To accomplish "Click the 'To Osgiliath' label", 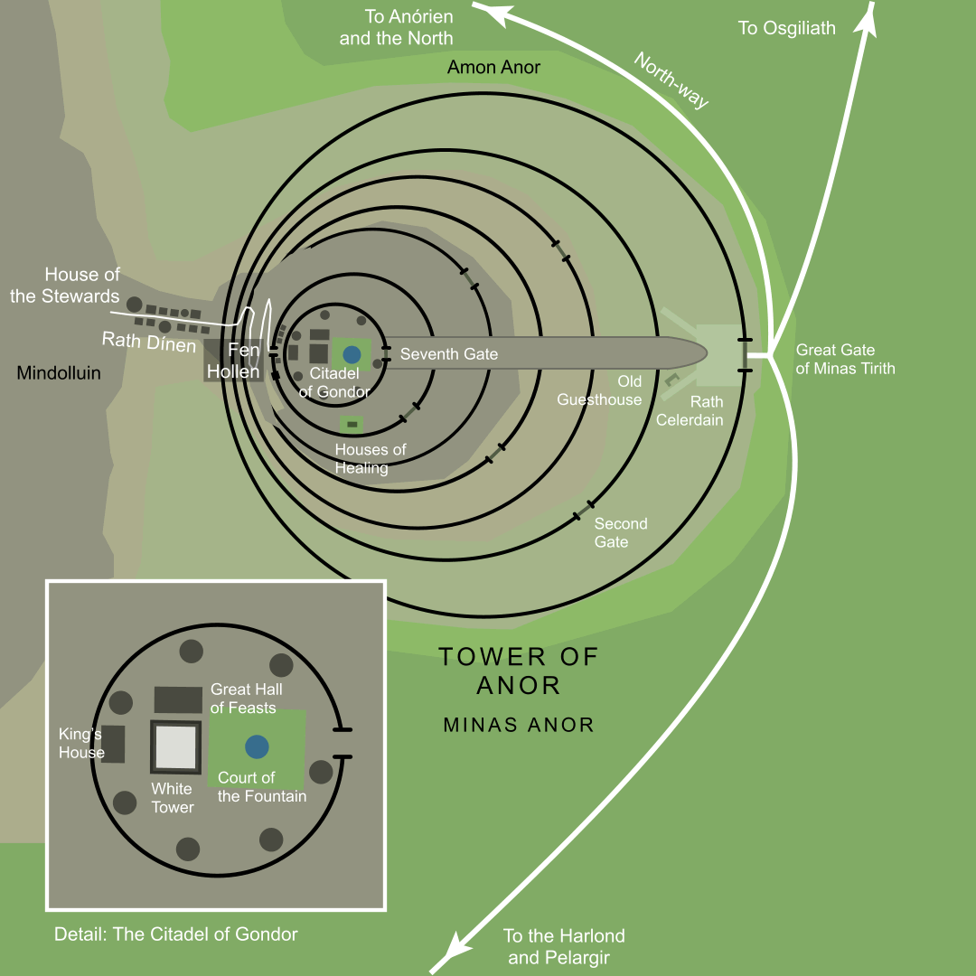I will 786,28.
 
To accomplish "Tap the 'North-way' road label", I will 671,80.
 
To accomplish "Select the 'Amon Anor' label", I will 493,68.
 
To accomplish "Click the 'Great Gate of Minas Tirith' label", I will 845,359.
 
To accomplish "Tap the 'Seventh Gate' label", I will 448,354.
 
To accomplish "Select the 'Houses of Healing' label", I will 371,458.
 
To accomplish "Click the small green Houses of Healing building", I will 352,424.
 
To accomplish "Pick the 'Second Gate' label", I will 620,532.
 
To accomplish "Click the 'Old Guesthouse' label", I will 599,390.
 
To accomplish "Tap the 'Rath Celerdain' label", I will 690,410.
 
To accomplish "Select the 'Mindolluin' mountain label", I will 59,372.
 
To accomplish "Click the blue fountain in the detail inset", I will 258,746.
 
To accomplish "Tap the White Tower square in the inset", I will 175,746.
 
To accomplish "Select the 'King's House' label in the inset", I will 81,744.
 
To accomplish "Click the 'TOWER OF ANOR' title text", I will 519,670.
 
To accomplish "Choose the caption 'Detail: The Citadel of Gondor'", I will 175,934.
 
